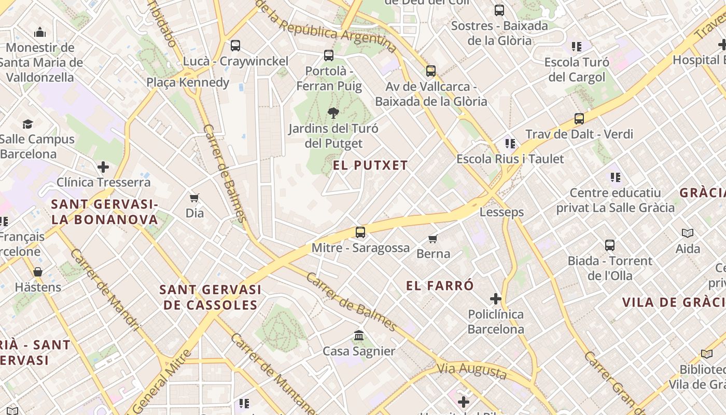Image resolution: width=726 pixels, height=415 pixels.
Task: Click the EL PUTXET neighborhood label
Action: tap(370, 165)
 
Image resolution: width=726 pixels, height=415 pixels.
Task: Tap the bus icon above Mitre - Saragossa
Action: tap(360, 232)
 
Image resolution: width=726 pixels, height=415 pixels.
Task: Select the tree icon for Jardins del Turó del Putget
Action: tap(333, 113)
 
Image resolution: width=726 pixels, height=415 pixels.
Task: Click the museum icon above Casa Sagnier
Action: tap(359, 335)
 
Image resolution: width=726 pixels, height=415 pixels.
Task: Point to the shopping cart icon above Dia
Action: tap(194, 198)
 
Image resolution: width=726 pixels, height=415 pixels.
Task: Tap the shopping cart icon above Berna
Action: tap(433, 239)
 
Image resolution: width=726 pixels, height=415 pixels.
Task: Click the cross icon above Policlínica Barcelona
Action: tap(496, 299)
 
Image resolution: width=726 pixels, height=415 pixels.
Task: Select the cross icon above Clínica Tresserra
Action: tap(103, 167)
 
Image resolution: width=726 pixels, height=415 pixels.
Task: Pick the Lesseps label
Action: tap(501, 212)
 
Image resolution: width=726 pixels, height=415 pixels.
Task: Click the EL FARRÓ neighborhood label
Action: tap(440, 285)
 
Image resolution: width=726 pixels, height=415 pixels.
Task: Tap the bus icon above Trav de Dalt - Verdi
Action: tap(579, 119)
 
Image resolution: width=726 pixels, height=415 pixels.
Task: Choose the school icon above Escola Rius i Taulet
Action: tap(510, 143)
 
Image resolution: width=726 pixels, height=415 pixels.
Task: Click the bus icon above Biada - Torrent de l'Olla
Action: tap(610, 245)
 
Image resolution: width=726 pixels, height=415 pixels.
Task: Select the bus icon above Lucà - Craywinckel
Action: tap(235, 46)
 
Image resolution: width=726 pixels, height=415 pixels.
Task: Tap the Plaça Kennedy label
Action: tap(188, 82)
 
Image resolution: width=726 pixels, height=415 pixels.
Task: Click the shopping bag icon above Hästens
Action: tap(38, 272)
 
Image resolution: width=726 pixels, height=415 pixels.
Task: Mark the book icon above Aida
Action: tap(688, 233)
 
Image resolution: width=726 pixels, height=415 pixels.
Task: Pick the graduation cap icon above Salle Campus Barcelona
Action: tap(27, 124)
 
